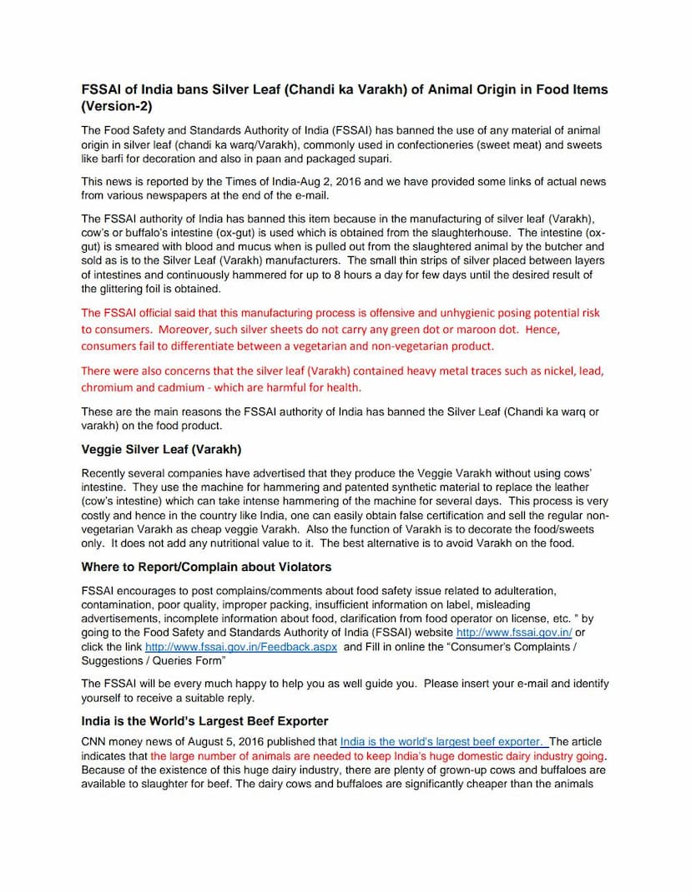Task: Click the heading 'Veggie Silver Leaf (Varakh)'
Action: [x=161, y=448]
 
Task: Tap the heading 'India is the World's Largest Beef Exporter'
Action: [x=204, y=720]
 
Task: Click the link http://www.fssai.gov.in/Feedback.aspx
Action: [x=241, y=647]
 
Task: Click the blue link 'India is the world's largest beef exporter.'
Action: [x=443, y=741]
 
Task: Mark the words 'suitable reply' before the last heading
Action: [x=219, y=698]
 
